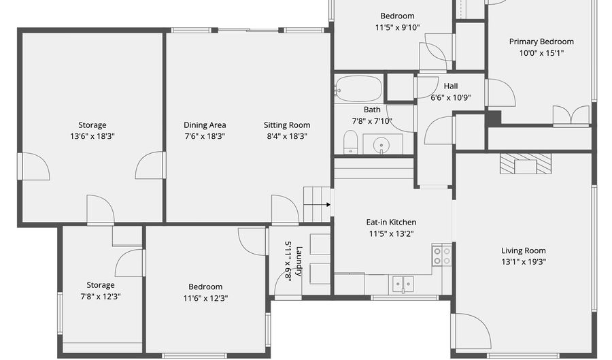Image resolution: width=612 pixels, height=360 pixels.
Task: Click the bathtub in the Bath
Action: tap(358, 88)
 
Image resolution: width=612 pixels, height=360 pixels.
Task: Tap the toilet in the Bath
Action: tap(351, 142)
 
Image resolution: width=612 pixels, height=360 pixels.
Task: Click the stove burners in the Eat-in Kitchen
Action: tap(442, 256)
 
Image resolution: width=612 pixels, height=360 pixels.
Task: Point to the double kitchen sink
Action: tap(403, 282)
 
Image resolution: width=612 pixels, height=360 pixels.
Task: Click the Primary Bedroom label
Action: tap(541, 42)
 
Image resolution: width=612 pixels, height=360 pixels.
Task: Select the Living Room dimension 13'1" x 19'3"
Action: tap(524, 261)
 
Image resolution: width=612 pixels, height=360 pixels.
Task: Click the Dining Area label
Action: tap(205, 125)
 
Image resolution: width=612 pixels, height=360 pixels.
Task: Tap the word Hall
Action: tap(451, 86)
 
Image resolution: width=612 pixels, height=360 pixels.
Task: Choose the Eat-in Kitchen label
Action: tap(391, 223)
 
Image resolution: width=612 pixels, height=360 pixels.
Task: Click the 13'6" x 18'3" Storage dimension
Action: tap(92, 135)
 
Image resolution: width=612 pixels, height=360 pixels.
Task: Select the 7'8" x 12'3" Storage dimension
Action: tap(100, 296)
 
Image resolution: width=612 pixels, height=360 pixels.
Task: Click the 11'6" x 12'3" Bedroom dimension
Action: tap(205, 297)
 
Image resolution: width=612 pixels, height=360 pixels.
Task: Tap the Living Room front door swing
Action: tap(472, 331)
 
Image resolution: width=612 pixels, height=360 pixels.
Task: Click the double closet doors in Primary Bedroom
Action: tap(571, 116)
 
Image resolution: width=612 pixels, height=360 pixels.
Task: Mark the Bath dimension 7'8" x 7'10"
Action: tap(372, 120)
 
